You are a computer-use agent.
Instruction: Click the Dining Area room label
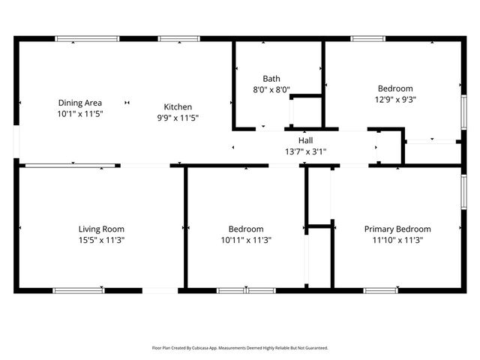(x=80, y=103)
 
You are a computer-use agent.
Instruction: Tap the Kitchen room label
(x=178, y=107)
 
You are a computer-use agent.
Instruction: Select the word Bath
(x=271, y=79)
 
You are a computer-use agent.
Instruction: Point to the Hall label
(x=305, y=140)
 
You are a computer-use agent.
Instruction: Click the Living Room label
(x=101, y=229)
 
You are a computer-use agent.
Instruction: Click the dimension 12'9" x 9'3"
(x=394, y=98)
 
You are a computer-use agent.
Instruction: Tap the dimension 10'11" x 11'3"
(x=246, y=240)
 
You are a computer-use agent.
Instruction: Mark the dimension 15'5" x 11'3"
(x=101, y=240)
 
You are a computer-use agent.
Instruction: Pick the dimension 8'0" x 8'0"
(x=271, y=89)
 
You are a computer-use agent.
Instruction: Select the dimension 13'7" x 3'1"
(x=305, y=151)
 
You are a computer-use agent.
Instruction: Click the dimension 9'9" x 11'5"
(x=178, y=118)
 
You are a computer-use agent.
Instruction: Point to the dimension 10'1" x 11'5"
(x=80, y=113)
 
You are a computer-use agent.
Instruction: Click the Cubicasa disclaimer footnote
(x=240, y=348)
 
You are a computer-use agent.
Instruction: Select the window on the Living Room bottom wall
(x=79, y=290)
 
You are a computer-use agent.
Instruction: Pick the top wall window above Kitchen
(x=178, y=38)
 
